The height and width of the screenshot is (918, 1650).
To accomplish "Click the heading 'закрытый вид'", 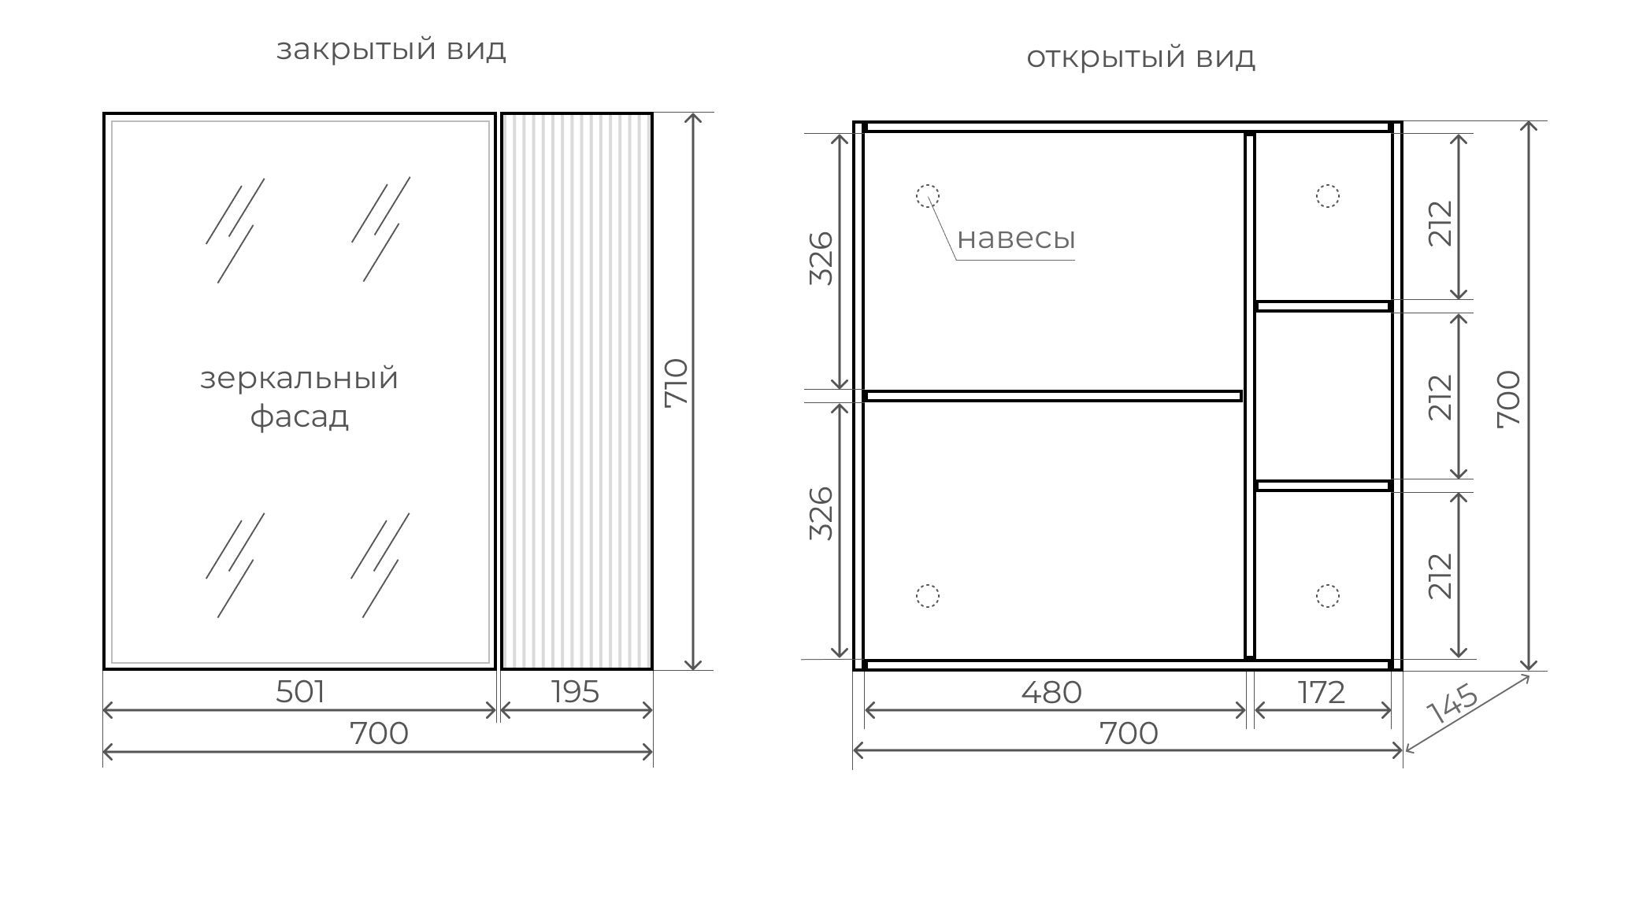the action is click(x=391, y=50).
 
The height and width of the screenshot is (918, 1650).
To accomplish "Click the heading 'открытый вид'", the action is click(x=1140, y=57).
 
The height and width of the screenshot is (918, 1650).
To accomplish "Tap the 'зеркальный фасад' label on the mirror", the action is click(x=299, y=397).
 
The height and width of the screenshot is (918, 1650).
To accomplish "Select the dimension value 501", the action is click(x=300, y=692).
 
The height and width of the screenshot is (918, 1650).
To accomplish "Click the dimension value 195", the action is click(x=576, y=692).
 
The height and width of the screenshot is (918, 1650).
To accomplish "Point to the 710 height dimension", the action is click(x=677, y=383).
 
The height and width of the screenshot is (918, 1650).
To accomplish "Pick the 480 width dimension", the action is click(x=1051, y=693).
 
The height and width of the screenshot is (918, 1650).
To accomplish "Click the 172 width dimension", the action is click(x=1322, y=693).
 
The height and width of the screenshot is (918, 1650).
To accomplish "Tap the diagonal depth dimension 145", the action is click(x=1452, y=704).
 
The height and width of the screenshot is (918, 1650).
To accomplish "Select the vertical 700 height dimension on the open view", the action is click(x=1508, y=399).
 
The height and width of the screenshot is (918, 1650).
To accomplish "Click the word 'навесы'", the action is click(x=1016, y=238).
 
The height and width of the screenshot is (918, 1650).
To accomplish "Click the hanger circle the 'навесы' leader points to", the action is click(x=928, y=195).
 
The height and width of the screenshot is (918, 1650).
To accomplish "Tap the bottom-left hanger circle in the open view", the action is click(x=928, y=596).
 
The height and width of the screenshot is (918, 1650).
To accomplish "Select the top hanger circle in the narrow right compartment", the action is click(x=1328, y=195).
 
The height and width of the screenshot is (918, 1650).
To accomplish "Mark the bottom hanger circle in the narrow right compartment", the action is click(x=1328, y=596).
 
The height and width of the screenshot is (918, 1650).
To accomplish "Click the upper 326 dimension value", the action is click(x=821, y=258).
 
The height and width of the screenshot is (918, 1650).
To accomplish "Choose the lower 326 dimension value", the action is click(x=821, y=513).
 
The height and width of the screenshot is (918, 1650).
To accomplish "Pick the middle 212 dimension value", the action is click(x=1441, y=398).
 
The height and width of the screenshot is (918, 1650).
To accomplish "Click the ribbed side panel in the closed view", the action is click(x=577, y=391).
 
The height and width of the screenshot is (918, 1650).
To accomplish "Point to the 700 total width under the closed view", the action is click(x=379, y=734).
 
